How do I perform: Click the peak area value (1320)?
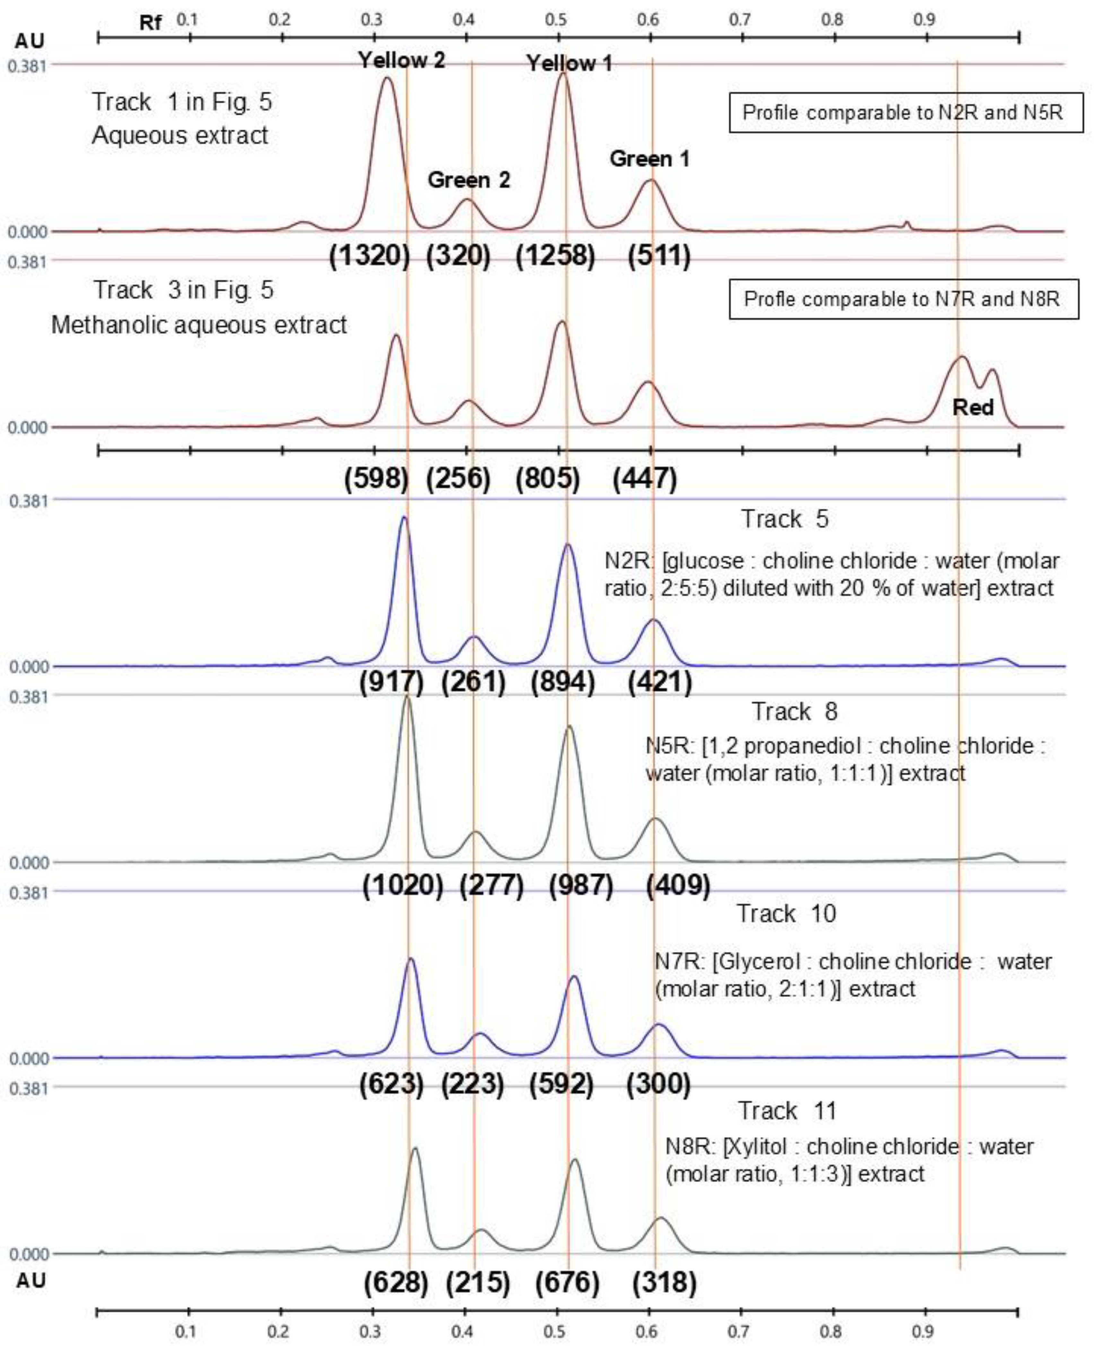[370, 256]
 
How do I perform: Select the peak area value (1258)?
[555, 256]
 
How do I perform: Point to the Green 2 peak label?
[469, 180]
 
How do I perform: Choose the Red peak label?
[973, 407]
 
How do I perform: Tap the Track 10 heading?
[786, 914]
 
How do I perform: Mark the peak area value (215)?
[477, 1282]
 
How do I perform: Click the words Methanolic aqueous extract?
[199, 325]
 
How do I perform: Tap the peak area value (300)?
[658, 1084]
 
